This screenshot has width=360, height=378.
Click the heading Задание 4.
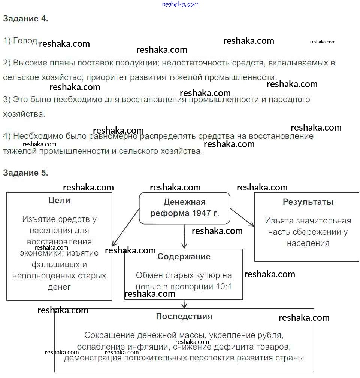[x=25, y=19]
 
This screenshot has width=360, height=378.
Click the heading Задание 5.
[x=25, y=173]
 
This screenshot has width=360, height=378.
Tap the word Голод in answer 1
[x=25, y=41]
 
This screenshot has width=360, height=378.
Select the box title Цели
[x=60, y=201]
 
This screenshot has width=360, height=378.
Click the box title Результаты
[x=308, y=202]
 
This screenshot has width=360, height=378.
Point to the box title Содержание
[x=184, y=257]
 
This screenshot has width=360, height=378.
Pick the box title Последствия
[x=184, y=317]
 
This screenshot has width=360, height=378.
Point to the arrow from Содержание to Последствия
[x=184, y=304]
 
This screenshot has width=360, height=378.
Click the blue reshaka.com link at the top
[x=181, y=4]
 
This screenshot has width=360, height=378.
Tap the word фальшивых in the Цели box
[x=59, y=265]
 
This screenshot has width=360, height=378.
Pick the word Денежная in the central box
[x=184, y=202]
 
